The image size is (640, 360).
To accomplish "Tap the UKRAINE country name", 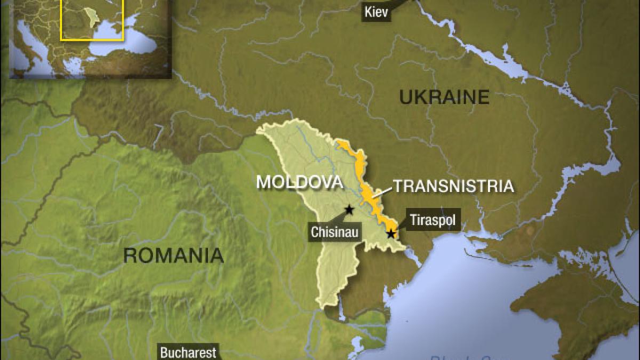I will tap(444, 97).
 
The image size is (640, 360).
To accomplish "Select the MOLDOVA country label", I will tap(299, 182).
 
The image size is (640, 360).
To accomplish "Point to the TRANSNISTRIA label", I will tap(453, 186).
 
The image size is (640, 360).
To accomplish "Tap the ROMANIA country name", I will tap(173, 255).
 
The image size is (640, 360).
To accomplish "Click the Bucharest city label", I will tap(188, 352).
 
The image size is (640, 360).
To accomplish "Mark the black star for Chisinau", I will tap(349, 210).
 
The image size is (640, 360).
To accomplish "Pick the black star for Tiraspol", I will tap(391, 234).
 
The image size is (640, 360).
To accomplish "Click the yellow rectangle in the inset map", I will tap(92, 20).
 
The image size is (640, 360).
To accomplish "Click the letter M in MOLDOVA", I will tap(263, 182).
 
